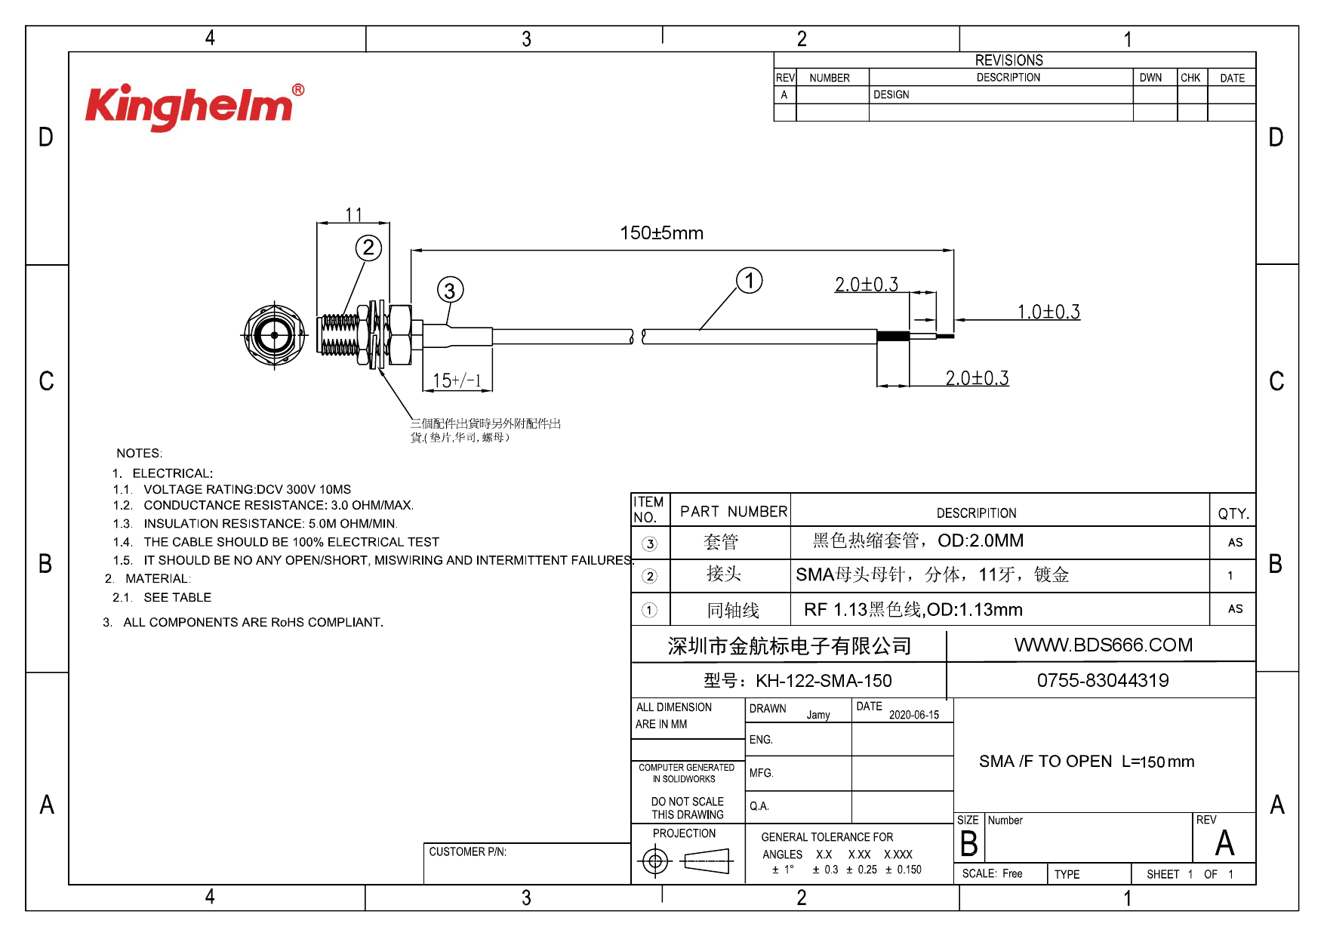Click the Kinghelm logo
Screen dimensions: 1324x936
click(x=195, y=106)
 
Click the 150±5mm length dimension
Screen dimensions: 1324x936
click(x=661, y=232)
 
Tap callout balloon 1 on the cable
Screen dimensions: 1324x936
click(x=750, y=281)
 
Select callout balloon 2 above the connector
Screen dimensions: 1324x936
click(x=368, y=248)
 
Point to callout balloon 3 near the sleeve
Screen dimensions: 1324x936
click(x=450, y=290)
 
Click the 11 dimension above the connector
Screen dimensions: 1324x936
click(x=354, y=214)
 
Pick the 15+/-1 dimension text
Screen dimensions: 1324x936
click(x=457, y=380)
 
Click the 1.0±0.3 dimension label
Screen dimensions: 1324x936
click(x=1048, y=312)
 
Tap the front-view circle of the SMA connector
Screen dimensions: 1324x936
click(x=274, y=334)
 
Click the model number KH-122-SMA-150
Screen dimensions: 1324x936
click(x=824, y=681)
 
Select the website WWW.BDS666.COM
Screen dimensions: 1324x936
click(x=1103, y=645)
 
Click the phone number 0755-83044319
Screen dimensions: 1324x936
click(x=1103, y=681)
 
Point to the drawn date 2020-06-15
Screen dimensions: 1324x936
click(x=913, y=715)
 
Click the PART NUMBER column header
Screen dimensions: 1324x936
click(x=734, y=512)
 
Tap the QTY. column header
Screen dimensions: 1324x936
click(x=1233, y=513)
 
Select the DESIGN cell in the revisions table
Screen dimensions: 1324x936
click(x=891, y=94)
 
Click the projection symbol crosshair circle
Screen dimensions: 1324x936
click(x=655, y=861)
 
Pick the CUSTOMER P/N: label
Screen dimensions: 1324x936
click(x=468, y=851)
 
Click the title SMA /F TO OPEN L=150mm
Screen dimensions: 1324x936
click(x=1086, y=762)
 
